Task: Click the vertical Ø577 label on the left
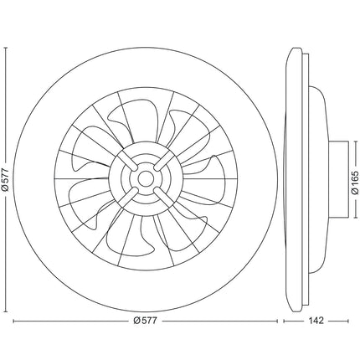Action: click(x=5, y=180)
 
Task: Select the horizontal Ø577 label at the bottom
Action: click(x=145, y=321)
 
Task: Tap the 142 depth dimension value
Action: click(x=316, y=321)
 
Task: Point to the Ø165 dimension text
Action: click(x=355, y=183)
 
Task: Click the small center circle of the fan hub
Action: click(x=145, y=178)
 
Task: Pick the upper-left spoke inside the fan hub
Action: click(x=127, y=162)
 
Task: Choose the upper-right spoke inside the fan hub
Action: click(x=164, y=161)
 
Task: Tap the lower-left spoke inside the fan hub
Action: click(x=127, y=197)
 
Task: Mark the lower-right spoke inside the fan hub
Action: click(x=164, y=197)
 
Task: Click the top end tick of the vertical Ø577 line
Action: click(x=6, y=48)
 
